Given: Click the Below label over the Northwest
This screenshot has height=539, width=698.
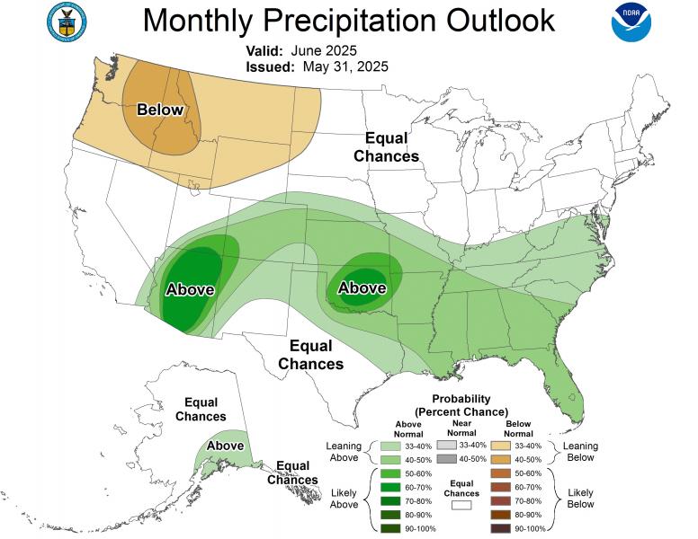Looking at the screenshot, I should point(160,110).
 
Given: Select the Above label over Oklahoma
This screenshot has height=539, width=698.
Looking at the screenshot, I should point(362,287).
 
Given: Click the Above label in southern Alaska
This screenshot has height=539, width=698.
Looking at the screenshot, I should point(225,446).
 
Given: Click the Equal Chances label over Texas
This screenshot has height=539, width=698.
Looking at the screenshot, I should point(310,355).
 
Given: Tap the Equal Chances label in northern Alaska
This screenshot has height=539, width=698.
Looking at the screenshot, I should point(201,410).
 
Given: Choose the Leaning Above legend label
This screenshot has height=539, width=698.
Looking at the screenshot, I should point(343,452).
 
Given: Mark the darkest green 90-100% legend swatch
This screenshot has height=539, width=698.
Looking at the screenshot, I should point(389,529).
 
